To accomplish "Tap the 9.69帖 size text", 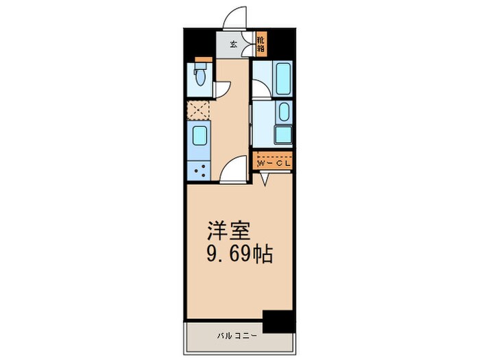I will pos(240,256).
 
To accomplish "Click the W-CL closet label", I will pos(274,163).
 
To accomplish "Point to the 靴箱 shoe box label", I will pos(261,45).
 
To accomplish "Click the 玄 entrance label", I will pos(233,45).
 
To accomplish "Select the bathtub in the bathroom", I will pos(283,79).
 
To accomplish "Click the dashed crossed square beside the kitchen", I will pos(199,110).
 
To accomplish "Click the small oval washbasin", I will pos(284,112).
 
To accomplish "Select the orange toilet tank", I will pos(200,60).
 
